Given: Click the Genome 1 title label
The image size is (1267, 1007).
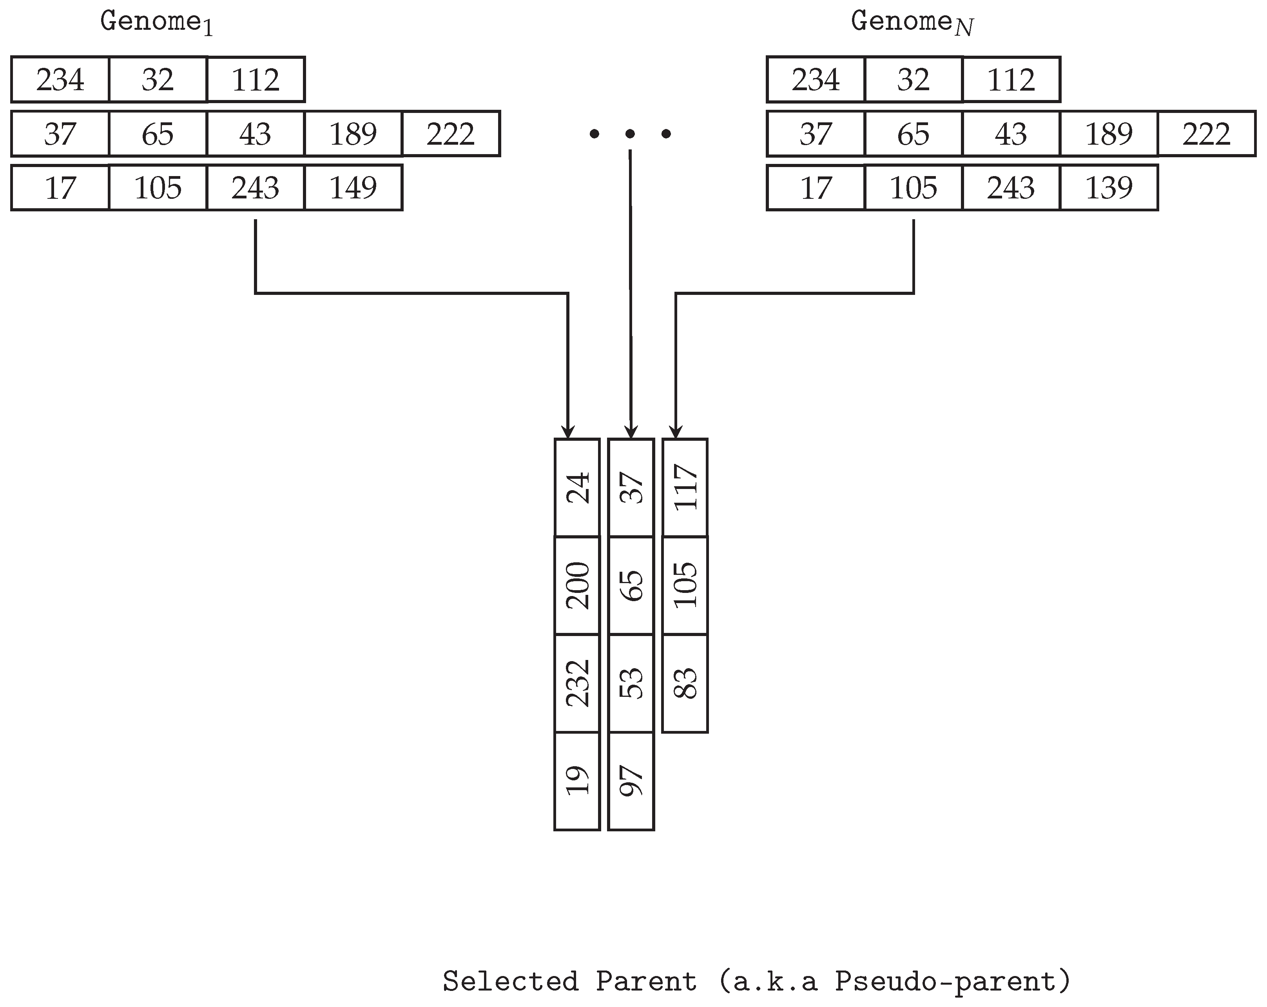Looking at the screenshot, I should tap(156, 22).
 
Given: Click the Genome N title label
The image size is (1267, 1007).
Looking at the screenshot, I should tap(912, 22).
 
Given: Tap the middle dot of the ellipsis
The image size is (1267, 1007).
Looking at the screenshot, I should tap(630, 134).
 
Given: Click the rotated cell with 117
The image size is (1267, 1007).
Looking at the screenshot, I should tap(685, 487).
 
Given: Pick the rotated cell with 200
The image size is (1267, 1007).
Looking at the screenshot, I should tap(577, 585).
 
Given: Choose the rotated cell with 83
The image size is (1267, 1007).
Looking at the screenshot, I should tap(685, 683).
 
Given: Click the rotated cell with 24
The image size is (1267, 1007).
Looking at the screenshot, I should tap(577, 487).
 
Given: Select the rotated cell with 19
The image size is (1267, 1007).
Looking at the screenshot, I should tap(577, 781).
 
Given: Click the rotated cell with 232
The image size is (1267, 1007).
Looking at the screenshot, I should tap(577, 683).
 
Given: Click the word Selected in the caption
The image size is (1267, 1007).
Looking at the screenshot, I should tap(510, 981).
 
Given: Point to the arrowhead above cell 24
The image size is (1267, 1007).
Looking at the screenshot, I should tap(568, 432).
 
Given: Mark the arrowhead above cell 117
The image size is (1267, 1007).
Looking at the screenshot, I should tap(676, 432).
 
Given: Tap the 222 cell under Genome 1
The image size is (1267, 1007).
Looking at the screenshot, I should tap(451, 134).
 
